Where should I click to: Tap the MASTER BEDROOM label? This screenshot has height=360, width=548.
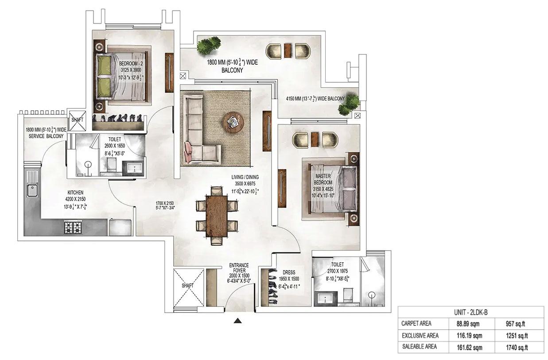point(323,179)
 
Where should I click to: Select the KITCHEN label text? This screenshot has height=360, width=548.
point(75,193)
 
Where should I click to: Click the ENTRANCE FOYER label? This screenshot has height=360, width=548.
point(239,268)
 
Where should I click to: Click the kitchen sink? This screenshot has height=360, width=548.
point(32,191)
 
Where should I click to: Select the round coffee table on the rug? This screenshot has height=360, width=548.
point(233,121)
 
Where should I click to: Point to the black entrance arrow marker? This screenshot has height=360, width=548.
point(238,321)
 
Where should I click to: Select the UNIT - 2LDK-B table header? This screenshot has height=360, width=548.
point(471,312)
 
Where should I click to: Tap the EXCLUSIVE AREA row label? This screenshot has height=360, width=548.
point(420,336)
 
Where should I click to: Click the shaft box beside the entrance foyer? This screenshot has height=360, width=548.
point(187,286)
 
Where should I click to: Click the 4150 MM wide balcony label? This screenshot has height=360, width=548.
point(315,99)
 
